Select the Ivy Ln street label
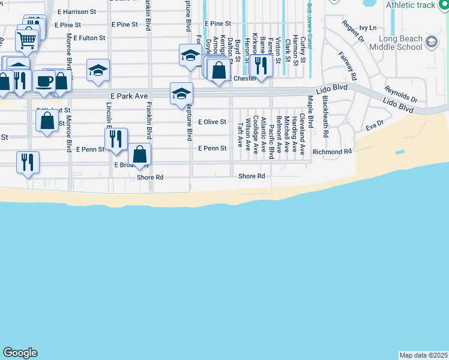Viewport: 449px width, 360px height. point(367,28)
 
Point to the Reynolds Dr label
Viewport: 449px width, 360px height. point(400,95)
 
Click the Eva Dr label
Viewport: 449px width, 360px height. point(374,127)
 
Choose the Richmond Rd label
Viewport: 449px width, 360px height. point(332,152)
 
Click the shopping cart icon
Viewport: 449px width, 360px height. point(27,41)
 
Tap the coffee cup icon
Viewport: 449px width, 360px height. point(44,81)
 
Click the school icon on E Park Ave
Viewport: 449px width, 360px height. point(181,94)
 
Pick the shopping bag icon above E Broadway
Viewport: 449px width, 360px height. point(139,154)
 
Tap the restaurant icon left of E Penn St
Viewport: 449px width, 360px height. point(116,139)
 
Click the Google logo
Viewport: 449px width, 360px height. point(20,353)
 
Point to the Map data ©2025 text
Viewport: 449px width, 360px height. point(423,355)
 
